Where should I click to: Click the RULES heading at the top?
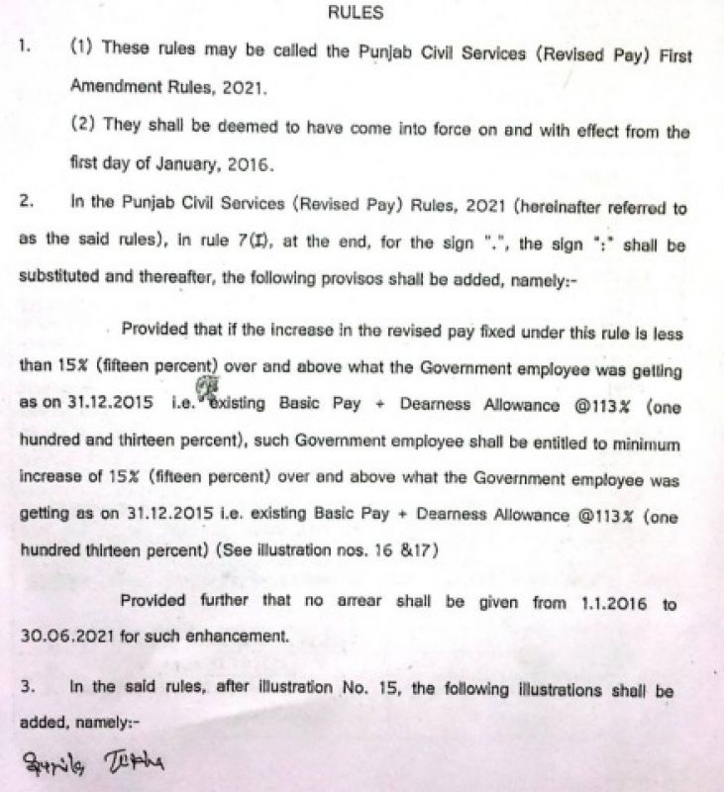pyautogui.click(x=361, y=14)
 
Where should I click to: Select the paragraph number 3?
pyautogui.click(x=26, y=687)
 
